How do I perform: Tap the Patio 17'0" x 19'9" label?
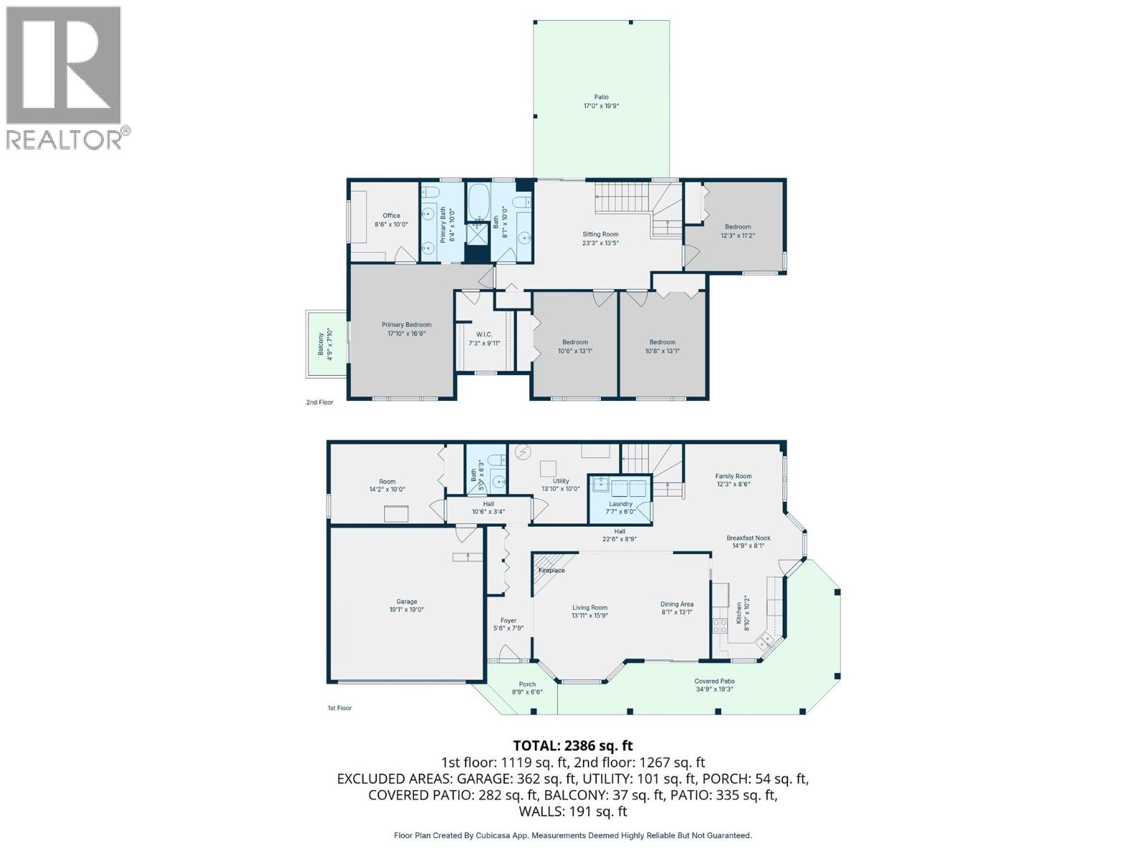[601, 102]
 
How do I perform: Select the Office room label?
[391, 220]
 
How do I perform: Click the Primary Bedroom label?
[406, 329]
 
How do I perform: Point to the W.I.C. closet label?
[484, 339]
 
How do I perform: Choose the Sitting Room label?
[600, 238]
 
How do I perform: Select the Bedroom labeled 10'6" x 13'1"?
[575, 346]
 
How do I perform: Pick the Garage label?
[407, 606]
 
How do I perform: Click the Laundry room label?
[620, 508]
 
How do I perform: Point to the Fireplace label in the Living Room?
[552, 571]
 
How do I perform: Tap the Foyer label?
[509, 624]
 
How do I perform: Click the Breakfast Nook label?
[748, 542]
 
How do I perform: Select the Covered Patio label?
[714, 685]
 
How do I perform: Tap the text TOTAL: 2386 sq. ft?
[573, 746]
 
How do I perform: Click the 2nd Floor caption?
[320, 402]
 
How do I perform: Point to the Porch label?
[527, 688]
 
